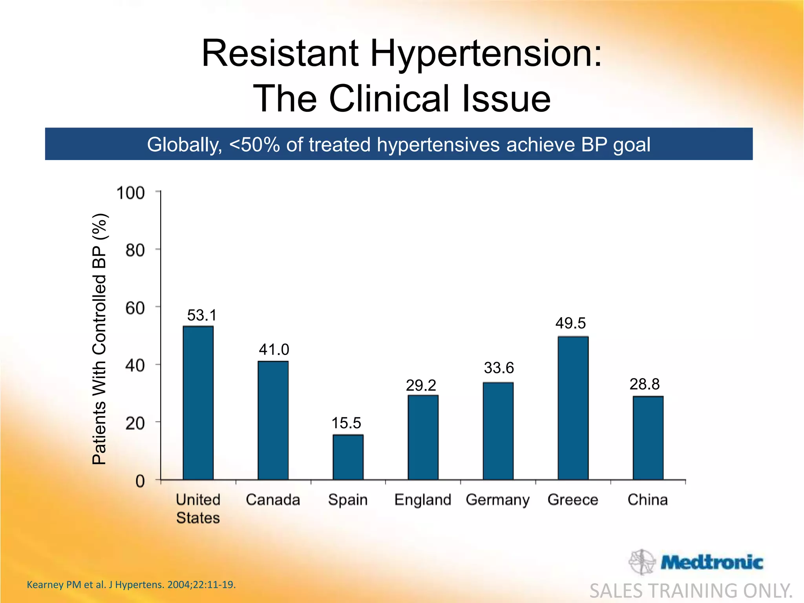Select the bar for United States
click(x=198, y=403)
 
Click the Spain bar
click(x=348, y=457)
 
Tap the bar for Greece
click(x=573, y=408)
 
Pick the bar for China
click(x=648, y=438)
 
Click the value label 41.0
click(x=274, y=349)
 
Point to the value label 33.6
click(x=499, y=368)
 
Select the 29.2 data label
click(x=421, y=386)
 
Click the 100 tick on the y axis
click(x=131, y=193)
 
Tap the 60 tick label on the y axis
click(x=135, y=308)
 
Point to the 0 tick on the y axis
click(x=140, y=481)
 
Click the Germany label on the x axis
click(x=497, y=500)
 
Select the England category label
click(x=422, y=500)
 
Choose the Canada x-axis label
click(x=273, y=500)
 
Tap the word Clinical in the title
click(x=389, y=99)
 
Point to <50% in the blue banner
click(x=254, y=144)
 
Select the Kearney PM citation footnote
click(x=131, y=585)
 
